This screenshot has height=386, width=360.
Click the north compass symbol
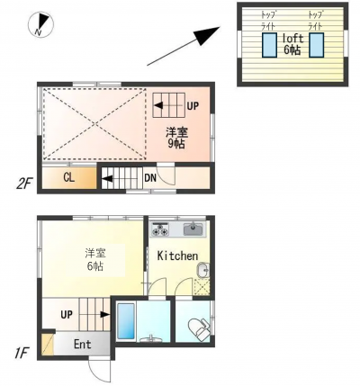tap(40, 24)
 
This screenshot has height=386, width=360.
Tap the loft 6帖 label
tap(292, 44)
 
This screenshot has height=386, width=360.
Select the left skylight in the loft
tap(269, 45)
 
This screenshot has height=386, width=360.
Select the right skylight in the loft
tap(317, 45)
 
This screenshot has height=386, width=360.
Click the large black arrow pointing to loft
tap(184, 46)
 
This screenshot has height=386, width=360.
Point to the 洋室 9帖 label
tap(176, 139)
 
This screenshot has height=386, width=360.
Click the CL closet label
tap(68, 177)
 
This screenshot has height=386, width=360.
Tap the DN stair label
tap(150, 178)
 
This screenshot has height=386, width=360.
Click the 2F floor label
tap(23, 184)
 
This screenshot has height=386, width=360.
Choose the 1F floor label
tap(21, 354)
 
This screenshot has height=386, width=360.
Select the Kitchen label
tap(177, 256)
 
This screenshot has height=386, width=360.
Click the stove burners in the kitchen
tap(160, 229)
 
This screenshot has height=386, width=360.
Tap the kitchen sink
tap(193, 229)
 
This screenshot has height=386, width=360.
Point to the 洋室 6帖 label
tap(95, 260)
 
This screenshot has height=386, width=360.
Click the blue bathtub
tap(126, 321)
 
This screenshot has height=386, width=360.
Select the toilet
tap(199, 330)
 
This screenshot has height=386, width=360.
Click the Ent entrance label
tap(82, 345)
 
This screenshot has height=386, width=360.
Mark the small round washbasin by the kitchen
tap(202, 270)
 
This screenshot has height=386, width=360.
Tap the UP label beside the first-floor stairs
tap(67, 315)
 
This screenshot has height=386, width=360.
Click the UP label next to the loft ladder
tap(193, 105)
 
